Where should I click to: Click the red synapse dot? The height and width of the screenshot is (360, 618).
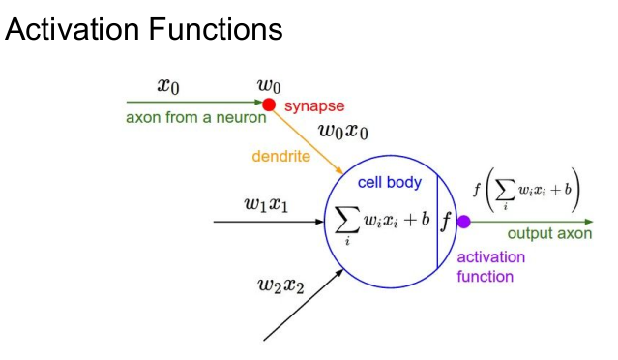click(x=269, y=105)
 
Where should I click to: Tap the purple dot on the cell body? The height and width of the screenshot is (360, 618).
click(x=463, y=222)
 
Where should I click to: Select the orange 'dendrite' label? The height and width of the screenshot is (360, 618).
click(x=280, y=156)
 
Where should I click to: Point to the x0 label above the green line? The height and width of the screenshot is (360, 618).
click(x=167, y=86)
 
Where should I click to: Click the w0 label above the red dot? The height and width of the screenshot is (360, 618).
click(x=268, y=86)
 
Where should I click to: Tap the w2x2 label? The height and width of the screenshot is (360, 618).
click(x=282, y=284)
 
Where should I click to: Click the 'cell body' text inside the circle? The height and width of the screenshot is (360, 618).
click(x=389, y=182)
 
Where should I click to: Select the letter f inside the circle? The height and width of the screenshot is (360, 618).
click(x=446, y=222)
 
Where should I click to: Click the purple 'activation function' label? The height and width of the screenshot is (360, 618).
click(x=490, y=266)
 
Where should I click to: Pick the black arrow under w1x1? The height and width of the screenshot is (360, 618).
click(x=270, y=222)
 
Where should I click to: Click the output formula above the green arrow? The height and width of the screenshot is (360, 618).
click(x=526, y=191)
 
